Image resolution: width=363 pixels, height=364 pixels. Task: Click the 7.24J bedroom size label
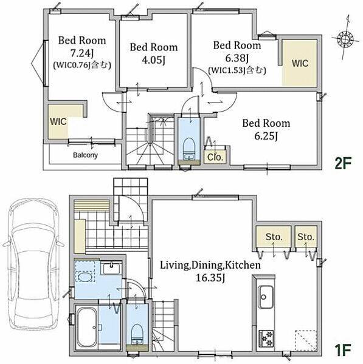point(82,54)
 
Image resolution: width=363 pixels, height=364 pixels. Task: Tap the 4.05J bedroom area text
point(154,60)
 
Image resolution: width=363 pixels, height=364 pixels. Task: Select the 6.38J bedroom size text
point(237,58)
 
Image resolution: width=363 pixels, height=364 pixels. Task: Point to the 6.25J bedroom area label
point(266,136)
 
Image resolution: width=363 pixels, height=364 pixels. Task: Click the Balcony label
point(85,155)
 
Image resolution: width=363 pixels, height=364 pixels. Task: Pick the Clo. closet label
point(215,157)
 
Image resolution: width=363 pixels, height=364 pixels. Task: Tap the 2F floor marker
point(342,163)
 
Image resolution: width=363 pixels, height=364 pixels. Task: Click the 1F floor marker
point(342,350)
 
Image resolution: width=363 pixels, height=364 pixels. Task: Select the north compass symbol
point(345,38)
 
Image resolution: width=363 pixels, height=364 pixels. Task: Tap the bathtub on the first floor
point(86,327)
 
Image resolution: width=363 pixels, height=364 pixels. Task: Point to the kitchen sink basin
point(266,297)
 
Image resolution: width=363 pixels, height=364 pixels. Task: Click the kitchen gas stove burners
point(266,339)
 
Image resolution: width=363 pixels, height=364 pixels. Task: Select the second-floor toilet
point(188,149)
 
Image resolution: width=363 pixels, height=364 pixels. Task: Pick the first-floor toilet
point(137,334)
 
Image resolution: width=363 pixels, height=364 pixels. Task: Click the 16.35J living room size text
point(210,278)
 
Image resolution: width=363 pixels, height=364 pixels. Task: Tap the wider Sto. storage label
point(274,237)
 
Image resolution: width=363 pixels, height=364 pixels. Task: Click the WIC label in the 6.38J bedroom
point(300,63)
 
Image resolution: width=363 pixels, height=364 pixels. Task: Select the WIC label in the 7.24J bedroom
point(58,121)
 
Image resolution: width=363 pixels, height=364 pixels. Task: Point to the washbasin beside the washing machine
point(111,268)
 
